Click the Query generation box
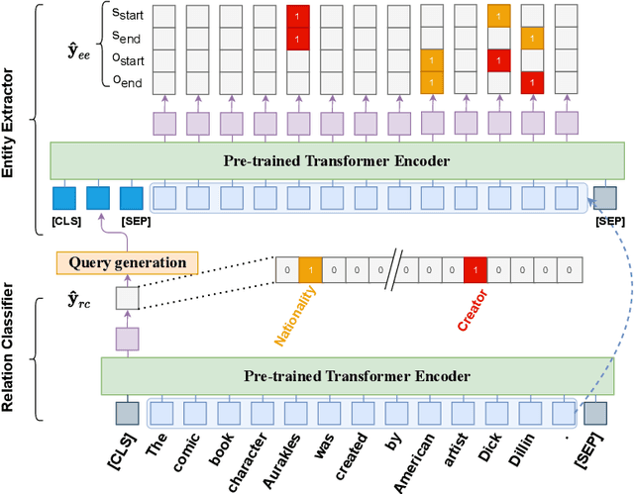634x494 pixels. click(x=126, y=262)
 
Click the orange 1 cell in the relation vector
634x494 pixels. click(x=309, y=268)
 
